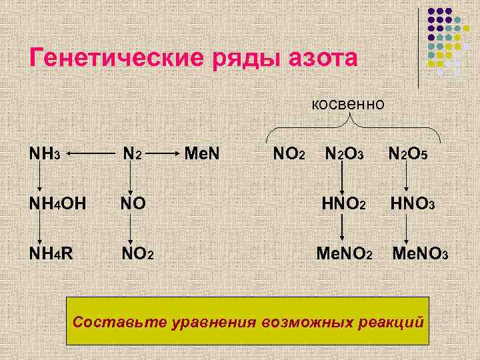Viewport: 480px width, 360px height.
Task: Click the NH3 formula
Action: pyautogui.click(x=45, y=154)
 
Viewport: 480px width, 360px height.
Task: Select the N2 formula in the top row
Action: pyautogui.click(x=132, y=154)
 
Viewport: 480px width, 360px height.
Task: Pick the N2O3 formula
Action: pyautogui.click(x=344, y=154)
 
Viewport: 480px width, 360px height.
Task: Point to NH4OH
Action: pyautogui.click(x=57, y=202)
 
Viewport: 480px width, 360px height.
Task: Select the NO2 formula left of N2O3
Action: pyautogui.click(x=289, y=154)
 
